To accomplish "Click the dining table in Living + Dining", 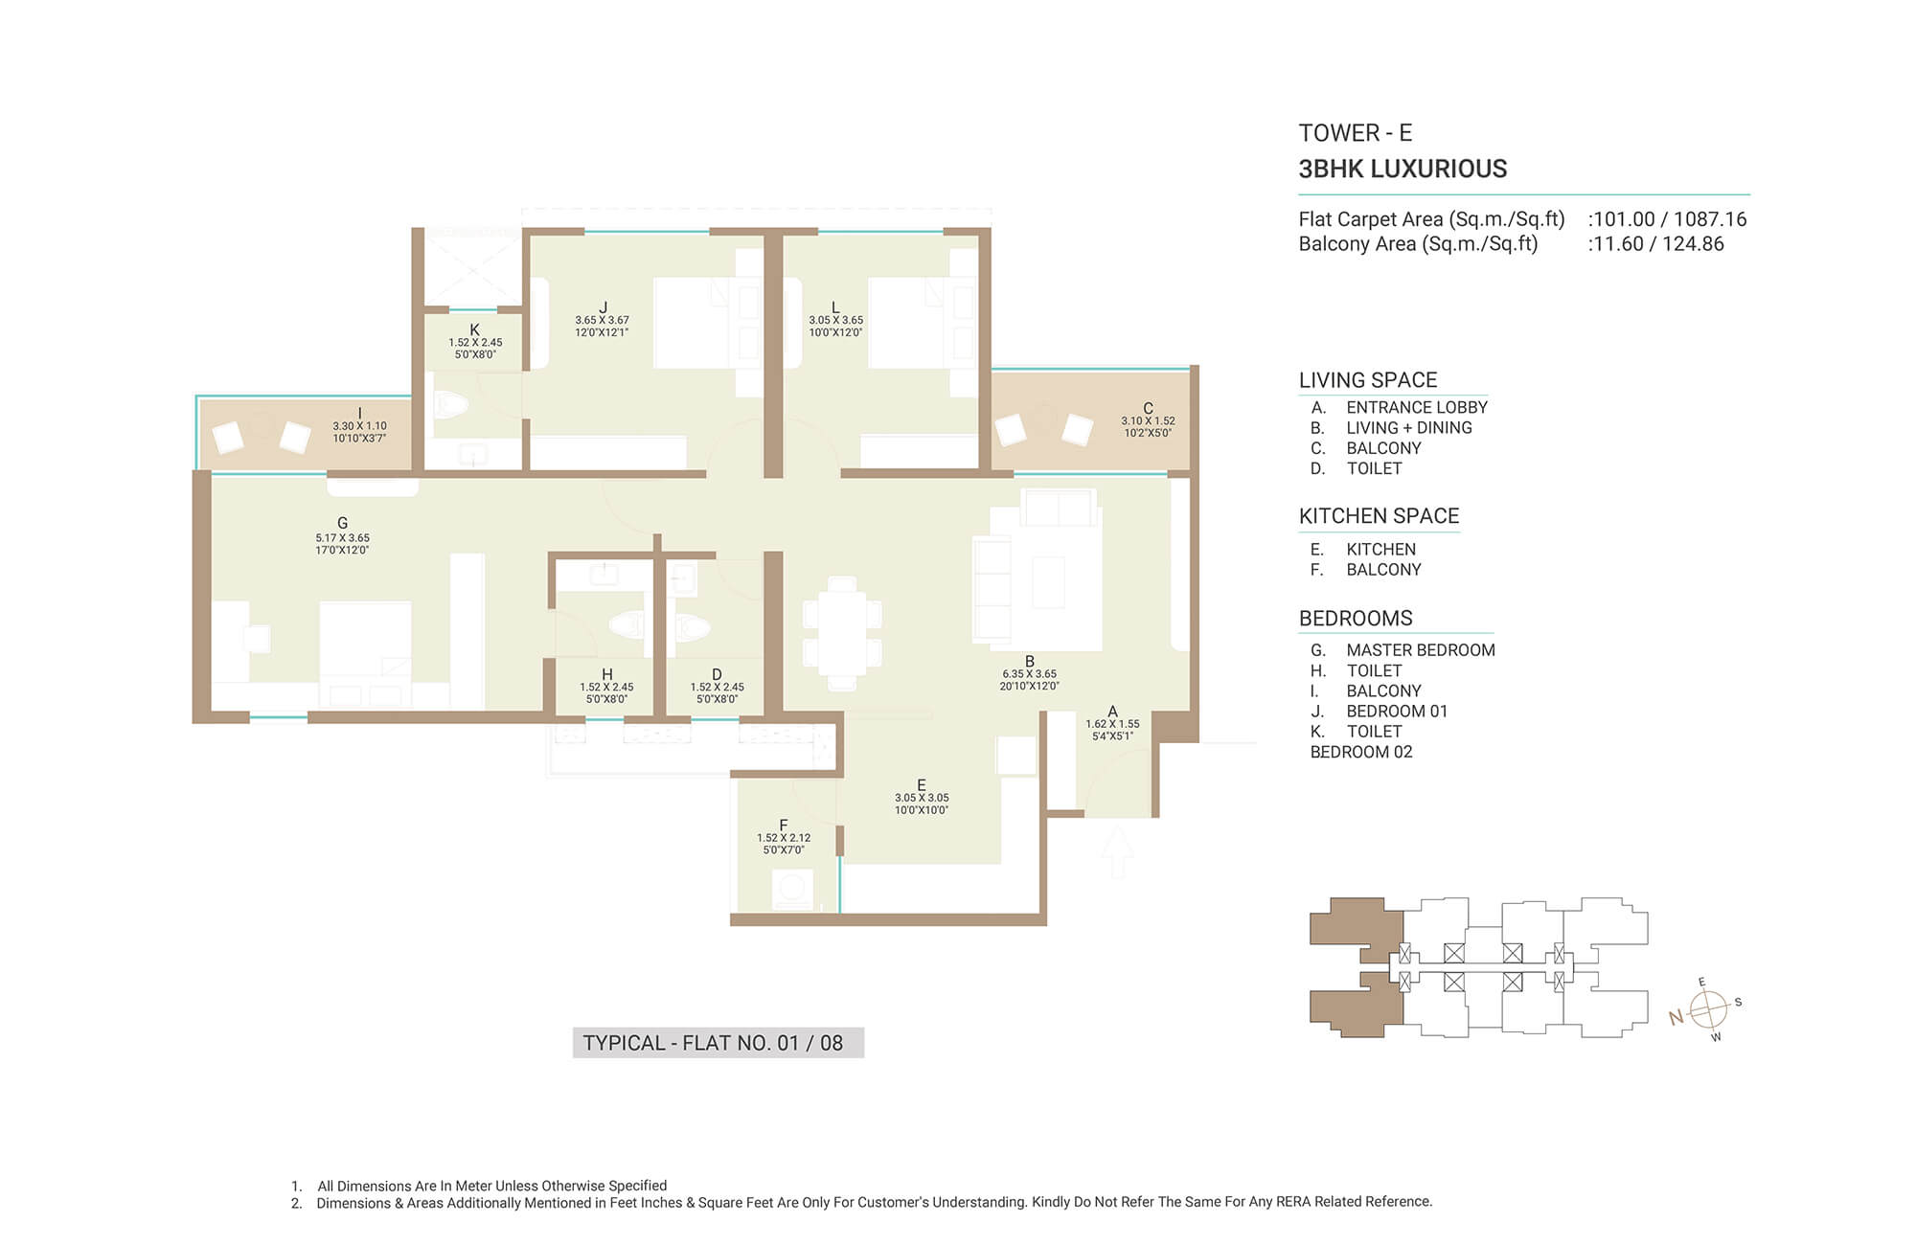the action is tap(842, 632).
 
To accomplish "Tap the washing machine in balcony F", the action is tap(792, 890).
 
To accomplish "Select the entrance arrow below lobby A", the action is tap(1116, 852).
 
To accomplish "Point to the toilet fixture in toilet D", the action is tap(692, 628).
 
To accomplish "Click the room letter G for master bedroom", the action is tap(342, 523).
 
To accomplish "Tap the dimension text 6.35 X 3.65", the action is tap(1030, 674).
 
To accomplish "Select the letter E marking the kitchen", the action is tap(922, 785).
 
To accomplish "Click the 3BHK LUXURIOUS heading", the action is tap(1403, 170).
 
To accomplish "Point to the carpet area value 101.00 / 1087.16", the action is tap(1670, 219).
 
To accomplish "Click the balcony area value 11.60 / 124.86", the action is tap(1658, 244).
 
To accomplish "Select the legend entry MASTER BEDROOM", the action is tap(1421, 650).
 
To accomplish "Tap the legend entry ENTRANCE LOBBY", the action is tap(1417, 408).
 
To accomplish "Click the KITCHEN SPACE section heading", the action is tap(1379, 516).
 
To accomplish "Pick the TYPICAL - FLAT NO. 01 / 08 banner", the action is tap(718, 1043).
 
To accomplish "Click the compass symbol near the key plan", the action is tap(1707, 1009).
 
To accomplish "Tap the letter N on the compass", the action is tap(1676, 1018).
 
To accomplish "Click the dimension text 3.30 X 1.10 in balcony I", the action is tap(359, 426).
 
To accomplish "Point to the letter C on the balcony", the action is tap(1148, 409).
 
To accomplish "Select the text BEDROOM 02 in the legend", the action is tap(1361, 753).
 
